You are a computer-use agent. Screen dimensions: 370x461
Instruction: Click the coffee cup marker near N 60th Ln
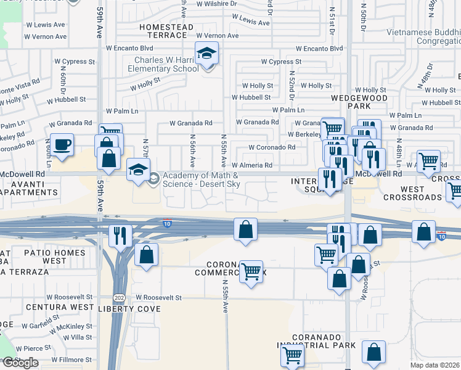(62, 145)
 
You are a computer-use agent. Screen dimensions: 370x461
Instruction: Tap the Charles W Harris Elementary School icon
(207, 54)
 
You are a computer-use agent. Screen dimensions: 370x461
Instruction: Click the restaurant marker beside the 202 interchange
(120, 235)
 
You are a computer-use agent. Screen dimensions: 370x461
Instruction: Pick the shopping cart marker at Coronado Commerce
(251, 271)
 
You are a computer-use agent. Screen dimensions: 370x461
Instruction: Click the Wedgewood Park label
(359, 102)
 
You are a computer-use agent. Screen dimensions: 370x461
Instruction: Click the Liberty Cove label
(125, 308)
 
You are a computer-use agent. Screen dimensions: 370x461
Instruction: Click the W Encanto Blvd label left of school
(129, 47)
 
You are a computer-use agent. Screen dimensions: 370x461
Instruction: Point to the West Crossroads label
(413, 193)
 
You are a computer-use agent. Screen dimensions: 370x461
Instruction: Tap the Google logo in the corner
(20, 363)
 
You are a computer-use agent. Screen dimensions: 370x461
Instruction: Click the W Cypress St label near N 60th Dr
(75, 62)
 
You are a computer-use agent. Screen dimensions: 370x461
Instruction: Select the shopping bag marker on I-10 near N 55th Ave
(245, 229)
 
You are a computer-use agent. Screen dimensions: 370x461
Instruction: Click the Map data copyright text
(435, 365)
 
